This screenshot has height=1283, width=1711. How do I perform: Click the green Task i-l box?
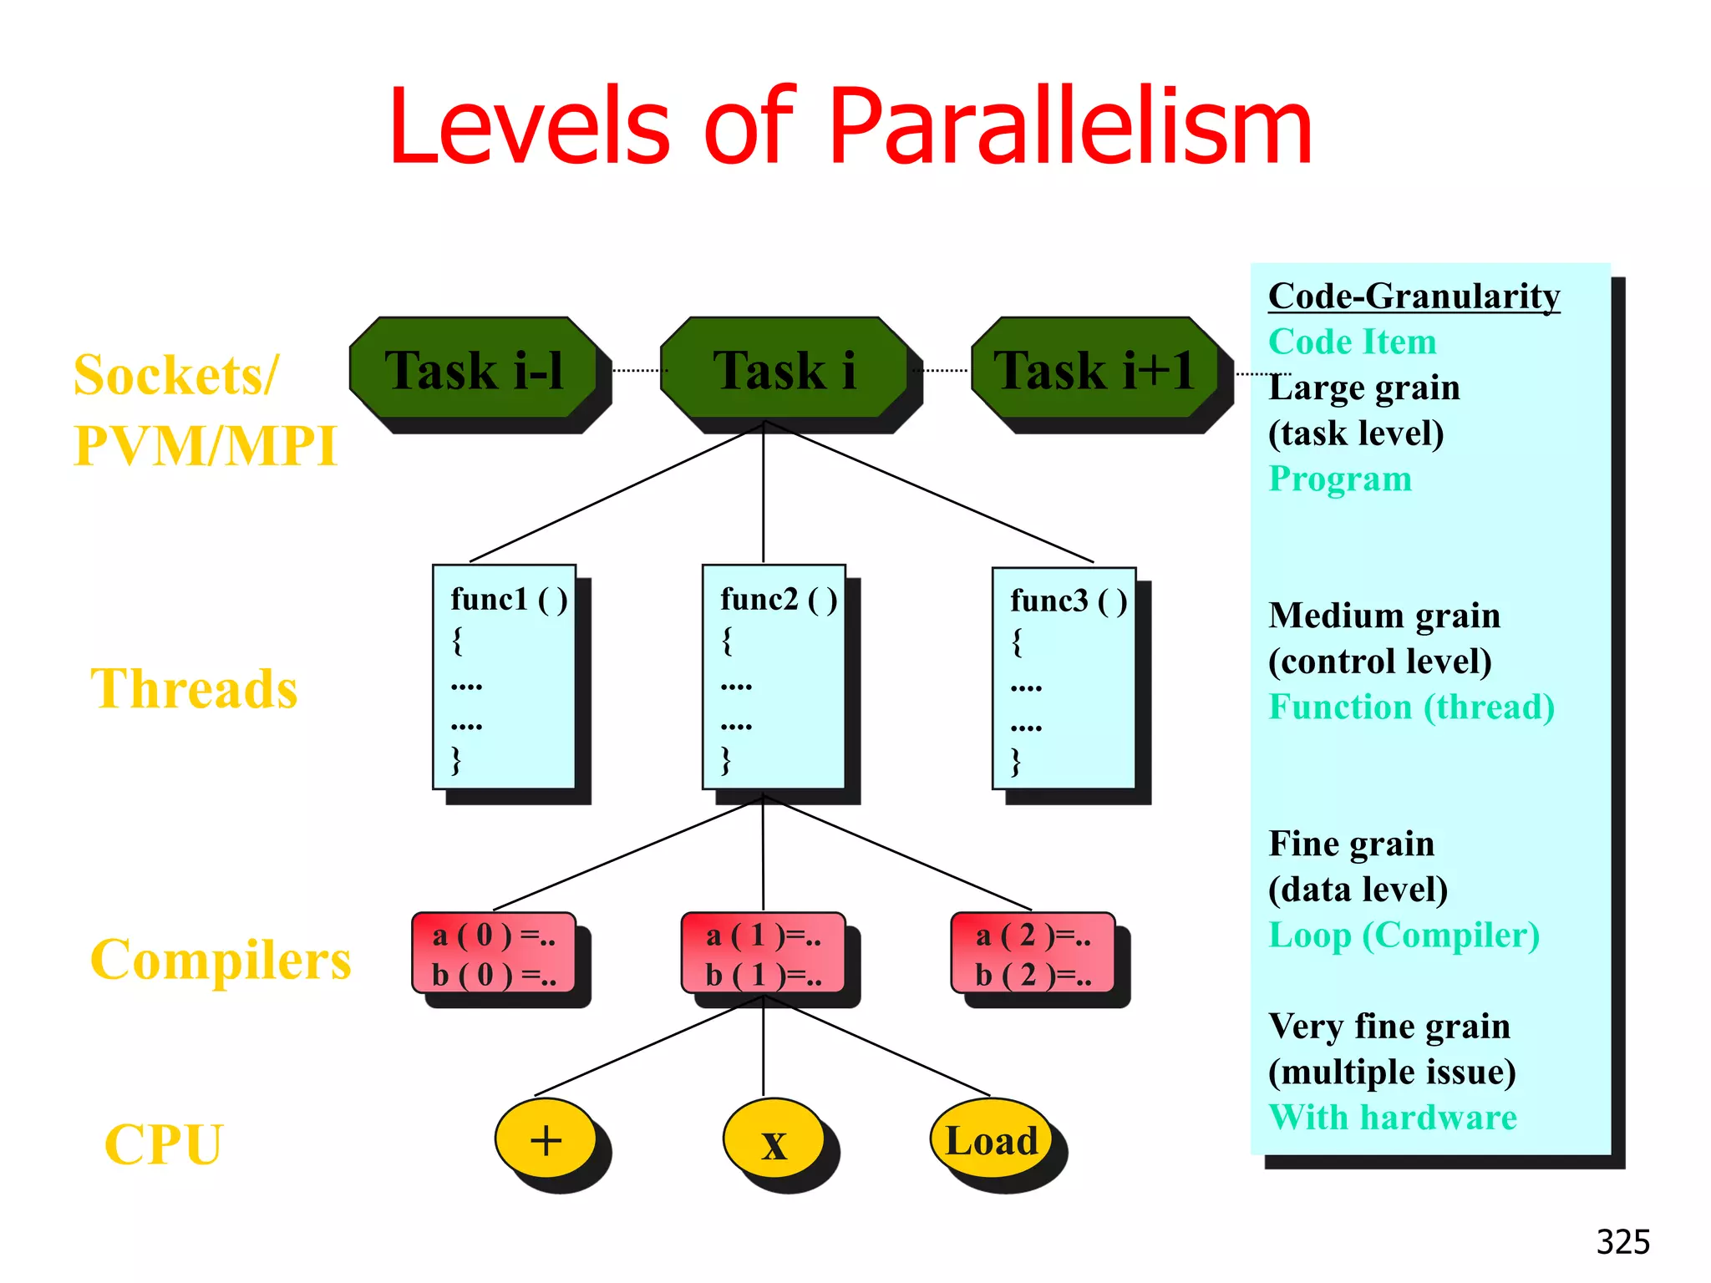tap(474, 368)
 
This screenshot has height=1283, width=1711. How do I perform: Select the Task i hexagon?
tap(784, 368)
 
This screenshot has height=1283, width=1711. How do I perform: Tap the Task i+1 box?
tap(1094, 368)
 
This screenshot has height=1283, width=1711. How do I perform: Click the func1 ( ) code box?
tap(504, 677)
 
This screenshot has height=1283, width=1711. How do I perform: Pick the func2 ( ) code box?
tap(774, 677)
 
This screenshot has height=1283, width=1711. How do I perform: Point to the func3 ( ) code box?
tap(1064, 678)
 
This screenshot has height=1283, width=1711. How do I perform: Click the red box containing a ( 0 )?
tap(494, 952)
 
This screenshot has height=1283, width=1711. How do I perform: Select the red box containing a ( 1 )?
tap(764, 952)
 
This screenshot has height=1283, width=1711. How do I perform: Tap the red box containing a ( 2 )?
tap(1033, 952)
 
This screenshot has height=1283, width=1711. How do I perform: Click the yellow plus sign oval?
tap(546, 1138)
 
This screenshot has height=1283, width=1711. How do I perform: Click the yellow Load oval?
tap(991, 1138)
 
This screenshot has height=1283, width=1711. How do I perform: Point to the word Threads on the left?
tap(194, 689)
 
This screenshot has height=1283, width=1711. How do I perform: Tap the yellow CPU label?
tap(165, 1144)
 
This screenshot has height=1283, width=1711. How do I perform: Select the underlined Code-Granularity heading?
tap(1414, 297)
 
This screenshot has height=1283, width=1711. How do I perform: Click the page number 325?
tap(1622, 1242)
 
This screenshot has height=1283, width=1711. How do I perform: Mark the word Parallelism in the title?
tap(1071, 127)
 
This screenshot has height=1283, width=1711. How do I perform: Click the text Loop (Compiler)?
tap(1404, 936)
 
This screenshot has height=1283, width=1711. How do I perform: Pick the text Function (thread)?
tap(1411, 707)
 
